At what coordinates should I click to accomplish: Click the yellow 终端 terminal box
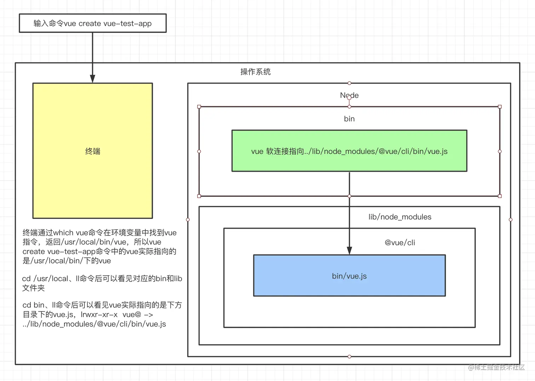(92, 151)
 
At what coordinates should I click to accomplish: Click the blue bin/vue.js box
(349, 275)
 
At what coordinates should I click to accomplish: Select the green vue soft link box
(349, 151)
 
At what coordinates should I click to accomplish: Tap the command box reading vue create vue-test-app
(92, 23)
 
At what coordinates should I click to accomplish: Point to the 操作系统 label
(255, 72)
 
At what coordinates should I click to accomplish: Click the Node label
(349, 95)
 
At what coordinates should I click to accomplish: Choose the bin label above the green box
(349, 119)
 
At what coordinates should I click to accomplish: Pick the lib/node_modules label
(400, 217)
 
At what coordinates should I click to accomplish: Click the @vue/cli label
(400, 243)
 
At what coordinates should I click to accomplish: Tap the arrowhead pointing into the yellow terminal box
(93, 79)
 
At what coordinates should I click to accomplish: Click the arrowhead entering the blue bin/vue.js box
(349, 250)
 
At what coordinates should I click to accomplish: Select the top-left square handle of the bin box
(199, 107)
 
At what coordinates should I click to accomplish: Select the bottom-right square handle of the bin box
(500, 196)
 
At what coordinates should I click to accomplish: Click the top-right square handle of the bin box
(500, 107)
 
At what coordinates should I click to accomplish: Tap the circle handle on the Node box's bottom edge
(349, 356)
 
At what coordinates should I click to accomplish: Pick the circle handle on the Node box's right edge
(511, 220)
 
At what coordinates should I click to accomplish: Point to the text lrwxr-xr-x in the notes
(99, 314)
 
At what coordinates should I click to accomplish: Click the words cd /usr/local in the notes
(45, 279)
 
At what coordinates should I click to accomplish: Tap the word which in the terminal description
(63, 233)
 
